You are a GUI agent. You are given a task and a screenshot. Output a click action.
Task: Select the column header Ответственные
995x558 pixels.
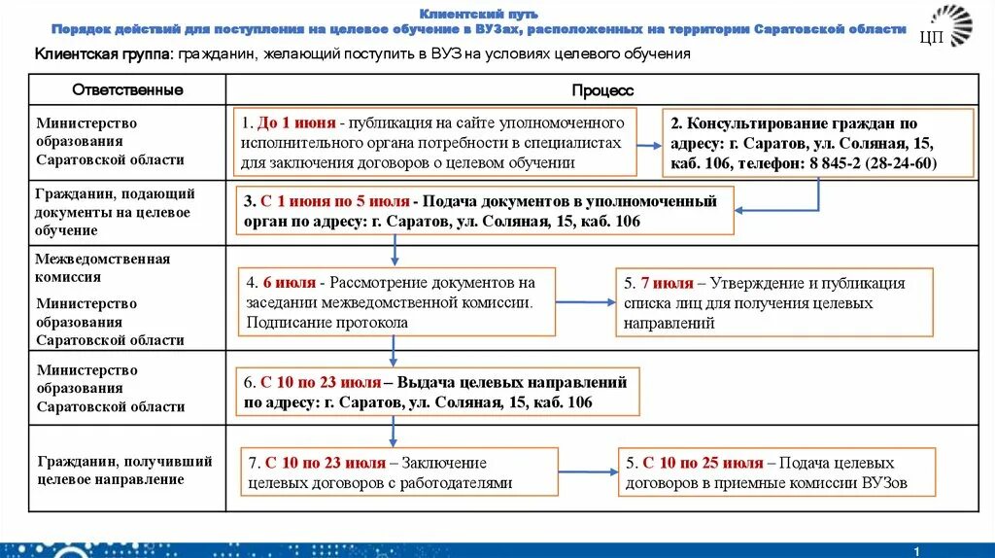point(127,90)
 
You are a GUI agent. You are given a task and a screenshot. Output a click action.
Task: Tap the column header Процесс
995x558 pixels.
point(602,90)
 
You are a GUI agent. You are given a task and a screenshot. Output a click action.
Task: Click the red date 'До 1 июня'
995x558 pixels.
point(297,123)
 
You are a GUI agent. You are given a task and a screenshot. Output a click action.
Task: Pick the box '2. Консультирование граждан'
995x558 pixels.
point(818,143)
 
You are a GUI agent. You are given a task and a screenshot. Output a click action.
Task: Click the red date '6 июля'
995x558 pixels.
point(289,283)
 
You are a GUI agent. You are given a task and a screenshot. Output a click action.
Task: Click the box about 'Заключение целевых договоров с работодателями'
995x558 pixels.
point(397,472)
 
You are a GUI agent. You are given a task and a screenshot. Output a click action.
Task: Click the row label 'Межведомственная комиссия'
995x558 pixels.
point(102,267)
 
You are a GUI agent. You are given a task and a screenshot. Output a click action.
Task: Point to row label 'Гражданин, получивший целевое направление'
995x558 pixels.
point(123,470)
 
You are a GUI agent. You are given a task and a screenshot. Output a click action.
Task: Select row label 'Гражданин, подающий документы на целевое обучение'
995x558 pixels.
point(115,212)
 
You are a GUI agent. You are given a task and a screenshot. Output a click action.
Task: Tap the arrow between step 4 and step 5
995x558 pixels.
point(586,301)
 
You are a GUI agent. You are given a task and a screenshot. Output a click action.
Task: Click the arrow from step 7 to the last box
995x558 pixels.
point(589,471)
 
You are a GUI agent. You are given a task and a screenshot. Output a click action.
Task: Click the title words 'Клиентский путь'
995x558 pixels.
point(477,15)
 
